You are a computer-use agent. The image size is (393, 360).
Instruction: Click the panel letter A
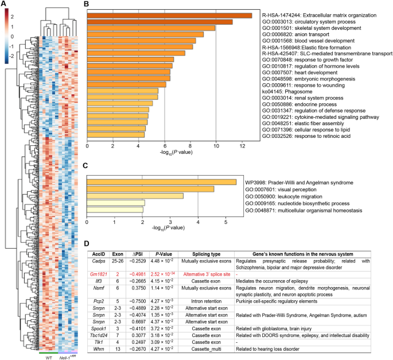coord(4,5)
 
